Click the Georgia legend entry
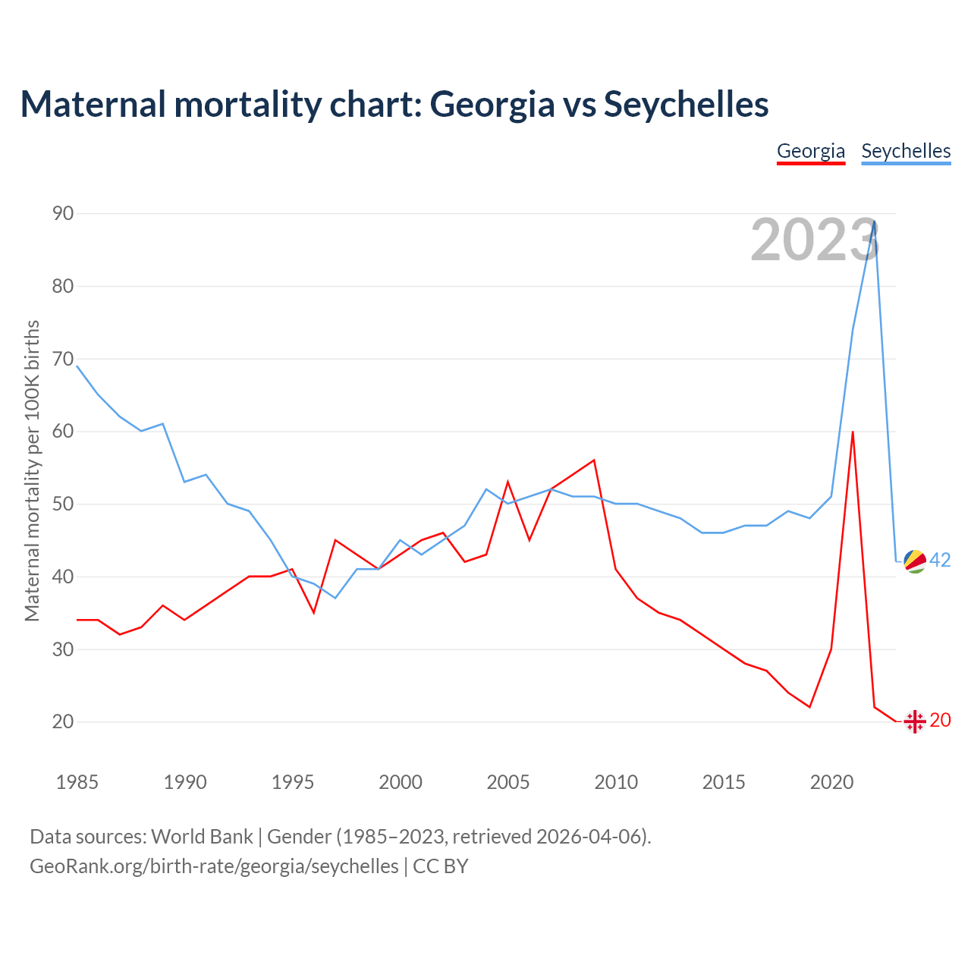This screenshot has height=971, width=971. click(x=811, y=151)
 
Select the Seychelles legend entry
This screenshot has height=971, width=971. click(x=906, y=151)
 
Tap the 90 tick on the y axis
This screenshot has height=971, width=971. click(x=63, y=213)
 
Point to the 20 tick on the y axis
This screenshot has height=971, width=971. click(x=63, y=721)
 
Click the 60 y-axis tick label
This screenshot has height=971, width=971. click(x=63, y=431)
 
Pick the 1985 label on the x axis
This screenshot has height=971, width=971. click(x=77, y=782)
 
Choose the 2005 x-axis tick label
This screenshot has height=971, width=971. click(x=507, y=782)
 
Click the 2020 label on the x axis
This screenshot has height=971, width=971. click(x=831, y=782)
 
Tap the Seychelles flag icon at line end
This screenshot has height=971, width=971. click(x=915, y=561)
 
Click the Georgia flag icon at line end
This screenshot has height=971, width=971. click(x=915, y=721)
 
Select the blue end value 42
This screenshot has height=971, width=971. click(x=940, y=560)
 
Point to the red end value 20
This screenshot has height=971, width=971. click(x=940, y=720)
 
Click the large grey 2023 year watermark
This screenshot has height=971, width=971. click(x=815, y=240)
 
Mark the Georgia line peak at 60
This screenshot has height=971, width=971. click(x=853, y=432)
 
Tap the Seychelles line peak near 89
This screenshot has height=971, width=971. click(x=875, y=222)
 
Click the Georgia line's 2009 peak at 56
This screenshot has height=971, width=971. click(x=594, y=460)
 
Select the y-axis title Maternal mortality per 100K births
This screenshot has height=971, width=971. click(x=33, y=470)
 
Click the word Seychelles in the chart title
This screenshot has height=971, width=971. click(x=686, y=104)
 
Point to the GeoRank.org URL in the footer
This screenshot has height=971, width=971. click(x=214, y=866)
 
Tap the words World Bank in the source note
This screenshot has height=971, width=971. click(x=202, y=836)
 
